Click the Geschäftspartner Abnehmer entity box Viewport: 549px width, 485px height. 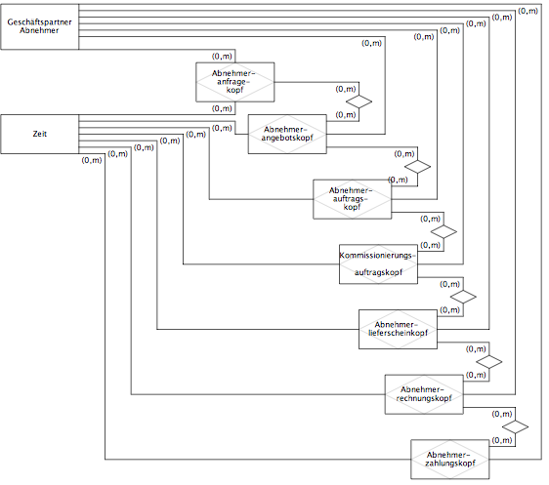[40, 26]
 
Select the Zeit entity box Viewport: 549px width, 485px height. [40, 134]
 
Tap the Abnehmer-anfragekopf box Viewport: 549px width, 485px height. [234, 82]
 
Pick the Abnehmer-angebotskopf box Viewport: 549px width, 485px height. [287, 134]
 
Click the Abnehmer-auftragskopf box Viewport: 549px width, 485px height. [353, 199]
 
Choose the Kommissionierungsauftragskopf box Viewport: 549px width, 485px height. [378, 264]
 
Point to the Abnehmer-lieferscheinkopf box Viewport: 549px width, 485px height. [398, 329]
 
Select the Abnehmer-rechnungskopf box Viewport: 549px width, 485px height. [424, 394]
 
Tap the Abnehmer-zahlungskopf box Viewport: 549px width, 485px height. [450, 459]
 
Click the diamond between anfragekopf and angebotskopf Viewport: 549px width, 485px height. [359, 101]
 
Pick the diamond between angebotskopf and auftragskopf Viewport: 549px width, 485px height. [417, 167]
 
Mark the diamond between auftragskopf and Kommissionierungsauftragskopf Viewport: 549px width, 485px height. [443, 232]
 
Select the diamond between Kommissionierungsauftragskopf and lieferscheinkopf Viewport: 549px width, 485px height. [463, 297]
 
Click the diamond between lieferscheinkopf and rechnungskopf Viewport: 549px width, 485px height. [489, 362]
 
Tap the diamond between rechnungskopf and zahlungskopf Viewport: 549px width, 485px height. [515, 427]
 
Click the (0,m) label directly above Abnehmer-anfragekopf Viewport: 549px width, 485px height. [222, 57]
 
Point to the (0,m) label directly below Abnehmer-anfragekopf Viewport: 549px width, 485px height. [222, 108]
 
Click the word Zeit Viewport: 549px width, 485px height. [40, 134]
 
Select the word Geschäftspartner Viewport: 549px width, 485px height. [40, 22]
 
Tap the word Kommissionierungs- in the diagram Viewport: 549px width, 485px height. [377, 256]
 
